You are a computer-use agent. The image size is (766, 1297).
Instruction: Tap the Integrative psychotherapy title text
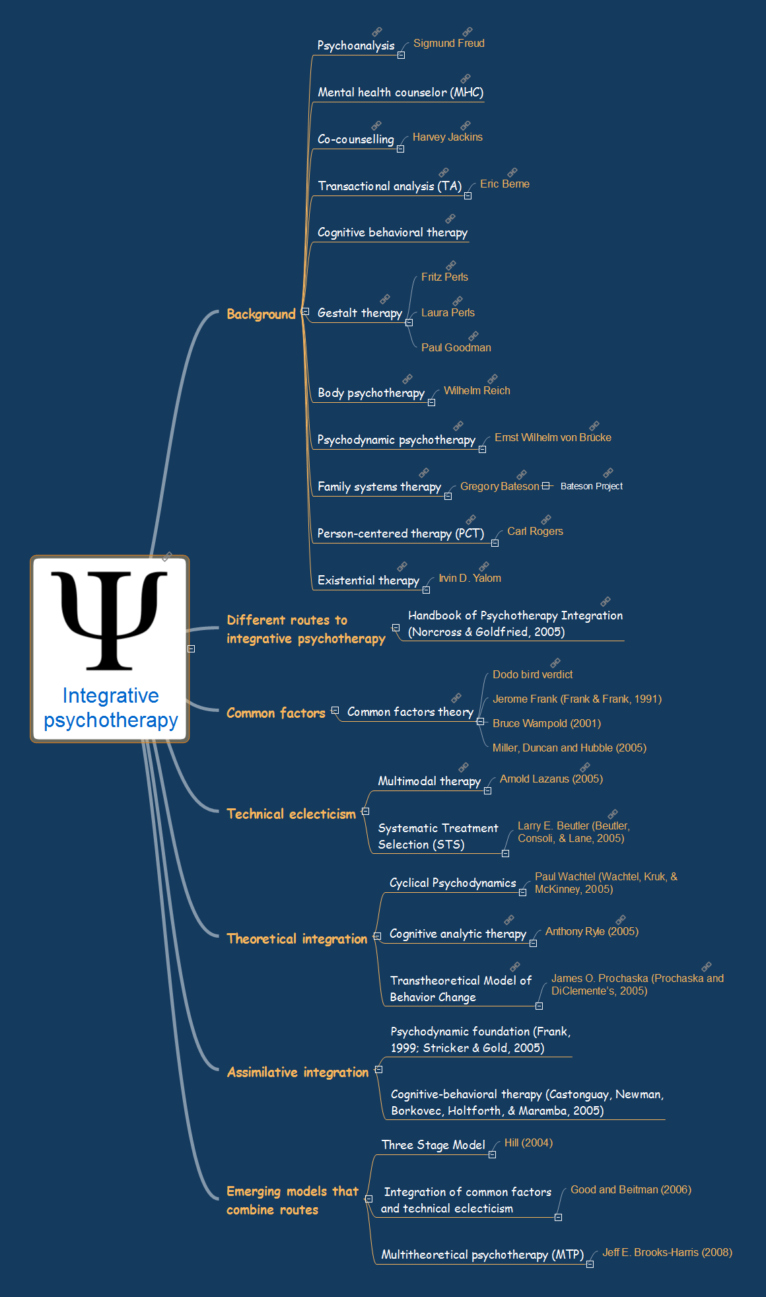click(111, 707)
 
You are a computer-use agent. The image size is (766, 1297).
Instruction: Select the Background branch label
click(261, 314)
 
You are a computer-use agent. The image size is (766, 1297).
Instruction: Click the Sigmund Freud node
click(448, 44)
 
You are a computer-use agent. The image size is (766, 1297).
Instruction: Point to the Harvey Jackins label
click(447, 137)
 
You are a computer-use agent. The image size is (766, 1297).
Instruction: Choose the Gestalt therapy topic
click(359, 313)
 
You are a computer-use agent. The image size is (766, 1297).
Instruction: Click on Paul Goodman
click(456, 348)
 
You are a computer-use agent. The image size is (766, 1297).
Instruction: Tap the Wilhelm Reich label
click(476, 391)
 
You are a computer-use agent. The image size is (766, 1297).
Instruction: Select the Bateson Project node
click(591, 487)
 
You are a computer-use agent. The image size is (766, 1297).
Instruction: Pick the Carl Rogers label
click(535, 532)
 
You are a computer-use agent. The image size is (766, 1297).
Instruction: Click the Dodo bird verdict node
click(532, 675)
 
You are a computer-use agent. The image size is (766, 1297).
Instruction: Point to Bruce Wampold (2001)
click(546, 724)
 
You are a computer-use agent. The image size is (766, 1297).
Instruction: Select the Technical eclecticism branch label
click(291, 814)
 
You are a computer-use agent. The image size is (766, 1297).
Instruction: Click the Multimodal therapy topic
click(429, 781)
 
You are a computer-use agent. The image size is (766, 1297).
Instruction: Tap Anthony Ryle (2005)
click(592, 932)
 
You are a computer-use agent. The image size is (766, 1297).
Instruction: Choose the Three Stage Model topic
click(433, 1145)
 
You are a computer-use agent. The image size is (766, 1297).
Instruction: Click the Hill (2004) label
click(528, 1143)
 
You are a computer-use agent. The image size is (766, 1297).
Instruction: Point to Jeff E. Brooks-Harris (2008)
click(667, 1253)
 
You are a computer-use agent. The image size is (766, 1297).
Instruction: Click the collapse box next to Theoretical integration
click(377, 936)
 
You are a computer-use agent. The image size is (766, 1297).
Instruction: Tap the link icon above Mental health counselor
click(466, 79)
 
